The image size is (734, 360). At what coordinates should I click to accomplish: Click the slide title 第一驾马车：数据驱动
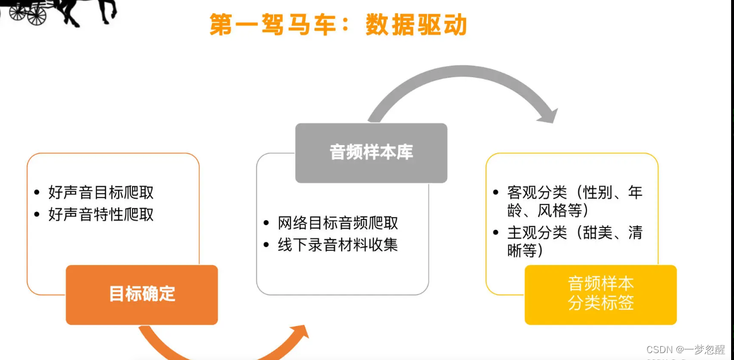point(338,25)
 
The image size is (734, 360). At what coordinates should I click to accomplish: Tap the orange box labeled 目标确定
point(142,294)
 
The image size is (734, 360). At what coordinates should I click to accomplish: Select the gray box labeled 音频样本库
point(371,153)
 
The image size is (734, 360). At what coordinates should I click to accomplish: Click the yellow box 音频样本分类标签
point(600,294)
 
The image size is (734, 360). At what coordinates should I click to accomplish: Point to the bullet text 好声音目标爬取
point(101,192)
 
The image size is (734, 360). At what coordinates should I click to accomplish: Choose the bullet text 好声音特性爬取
point(101,215)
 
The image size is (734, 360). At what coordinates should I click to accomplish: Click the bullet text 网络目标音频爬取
point(338,223)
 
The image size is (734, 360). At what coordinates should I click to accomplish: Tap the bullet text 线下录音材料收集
point(338,245)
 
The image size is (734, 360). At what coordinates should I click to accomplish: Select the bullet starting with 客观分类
point(574,200)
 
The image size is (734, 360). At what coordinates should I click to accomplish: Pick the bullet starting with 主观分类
point(574,241)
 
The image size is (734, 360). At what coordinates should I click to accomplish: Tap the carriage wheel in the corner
point(36,15)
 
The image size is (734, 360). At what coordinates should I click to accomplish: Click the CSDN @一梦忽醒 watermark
point(685,349)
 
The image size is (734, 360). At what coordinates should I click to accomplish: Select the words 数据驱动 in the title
point(416,25)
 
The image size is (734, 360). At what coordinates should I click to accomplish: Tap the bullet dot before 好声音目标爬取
point(37,192)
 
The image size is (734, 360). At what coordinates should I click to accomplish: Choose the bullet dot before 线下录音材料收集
point(266,245)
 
